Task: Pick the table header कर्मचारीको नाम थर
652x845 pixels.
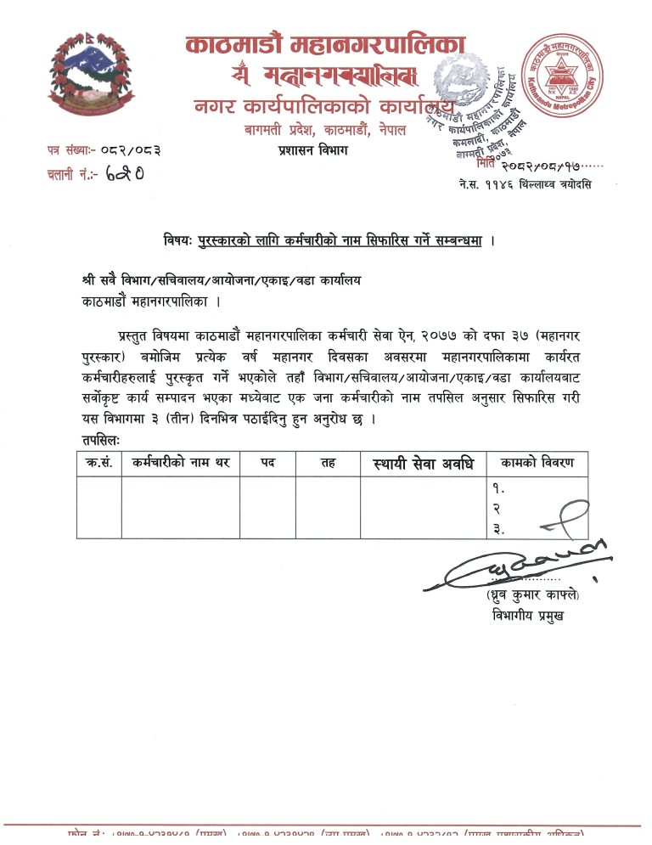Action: (x=179, y=463)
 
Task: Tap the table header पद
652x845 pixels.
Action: (x=267, y=463)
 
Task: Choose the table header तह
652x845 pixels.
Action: (x=328, y=463)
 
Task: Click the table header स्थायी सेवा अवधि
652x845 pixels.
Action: (x=423, y=464)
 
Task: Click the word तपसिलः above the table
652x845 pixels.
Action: (x=102, y=440)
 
